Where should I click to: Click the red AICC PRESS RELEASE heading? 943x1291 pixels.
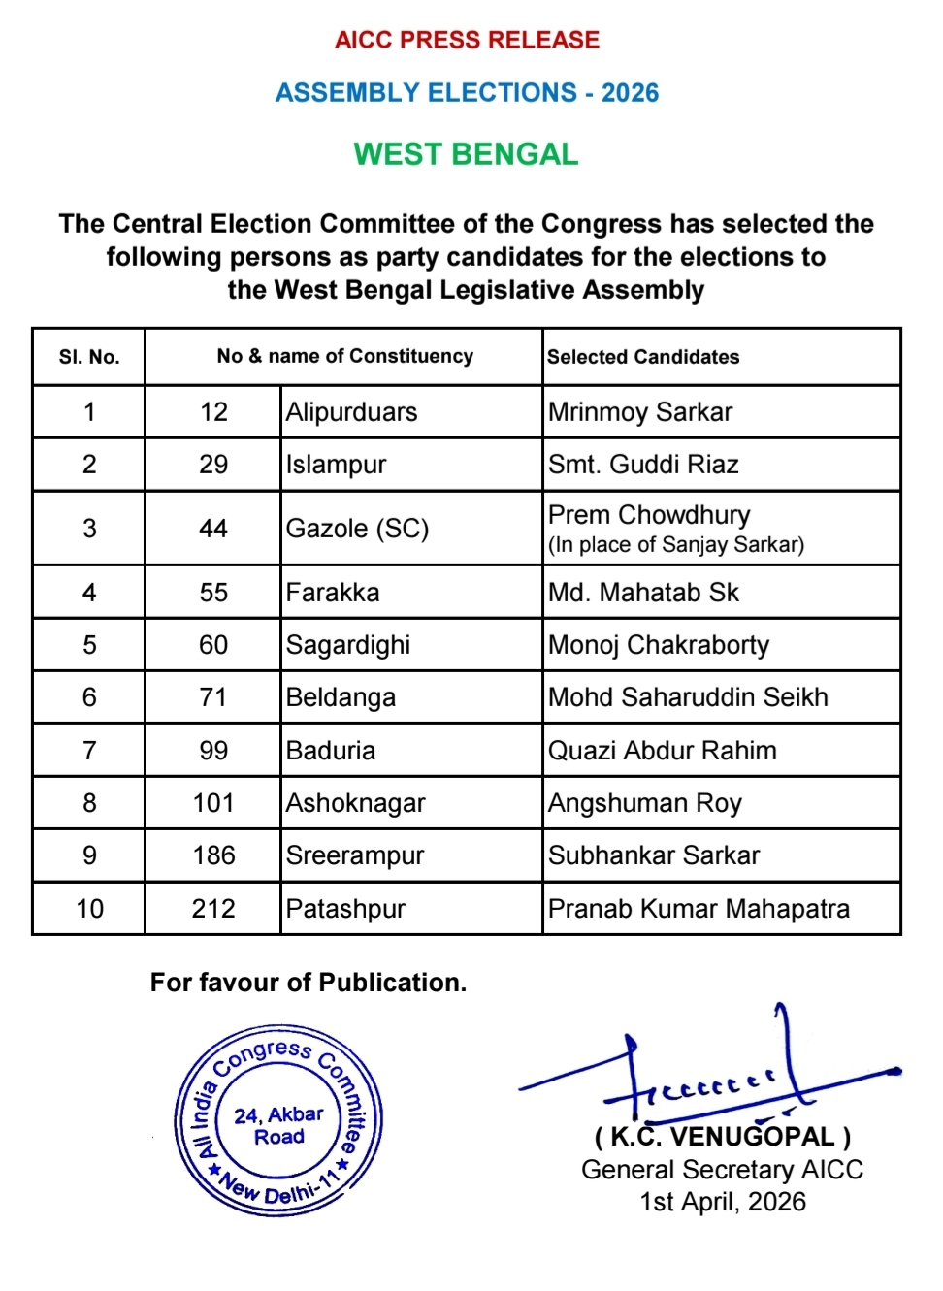pyautogui.click(x=467, y=40)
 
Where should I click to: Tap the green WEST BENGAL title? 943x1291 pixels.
pyautogui.click(x=466, y=154)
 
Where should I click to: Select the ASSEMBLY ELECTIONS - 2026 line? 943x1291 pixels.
pyautogui.click(x=467, y=93)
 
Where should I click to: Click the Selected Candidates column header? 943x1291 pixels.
pyautogui.click(x=643, y=357)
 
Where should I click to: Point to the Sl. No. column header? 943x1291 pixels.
pyautogui.click(x=89, y=357)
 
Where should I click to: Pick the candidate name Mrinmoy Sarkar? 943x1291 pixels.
pyautogui.click(x=640, y=412)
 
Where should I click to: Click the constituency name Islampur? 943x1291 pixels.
pyautogui.click(x=337, y=465)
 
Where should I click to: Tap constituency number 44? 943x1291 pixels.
pyautogui.click(x=213, y=529)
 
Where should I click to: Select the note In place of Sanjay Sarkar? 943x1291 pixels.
pyautogui.click(x=676, y=545)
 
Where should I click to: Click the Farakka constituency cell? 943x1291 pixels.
pyautogui.click(x=333, y=593)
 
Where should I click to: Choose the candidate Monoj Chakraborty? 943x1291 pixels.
pyautogui.click(x=659, y=645)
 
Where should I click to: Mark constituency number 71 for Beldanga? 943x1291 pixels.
pyautogui.click(x=213, y=697)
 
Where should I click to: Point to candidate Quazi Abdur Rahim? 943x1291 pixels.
pyautogui.click(x=663, y=751)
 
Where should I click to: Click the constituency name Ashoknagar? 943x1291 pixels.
pyautogui.click(x=356, y=803)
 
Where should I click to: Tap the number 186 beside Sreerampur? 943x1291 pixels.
pyautogui.click(x=213, y=855)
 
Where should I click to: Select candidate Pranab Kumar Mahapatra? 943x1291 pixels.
pyautogui.click(x=699, y=909)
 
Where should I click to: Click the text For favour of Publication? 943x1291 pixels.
pyautogui.click(x=309, y=983)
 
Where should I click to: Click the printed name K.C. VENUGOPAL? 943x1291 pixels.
pyautogui.click(x=723, y=1137)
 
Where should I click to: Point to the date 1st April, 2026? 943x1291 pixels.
pyautogui.click(x=723, y=1202)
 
